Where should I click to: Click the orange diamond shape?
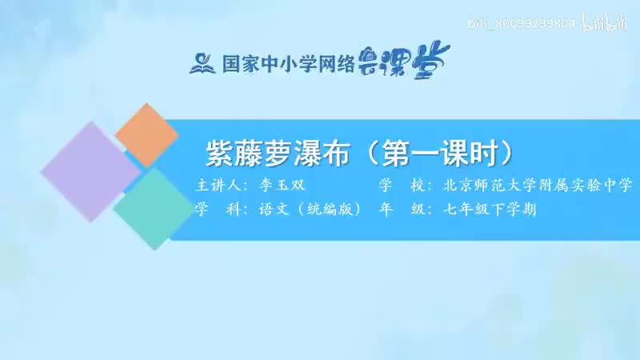tap(146, 137)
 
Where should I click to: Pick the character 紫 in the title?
tap(220, 153)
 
